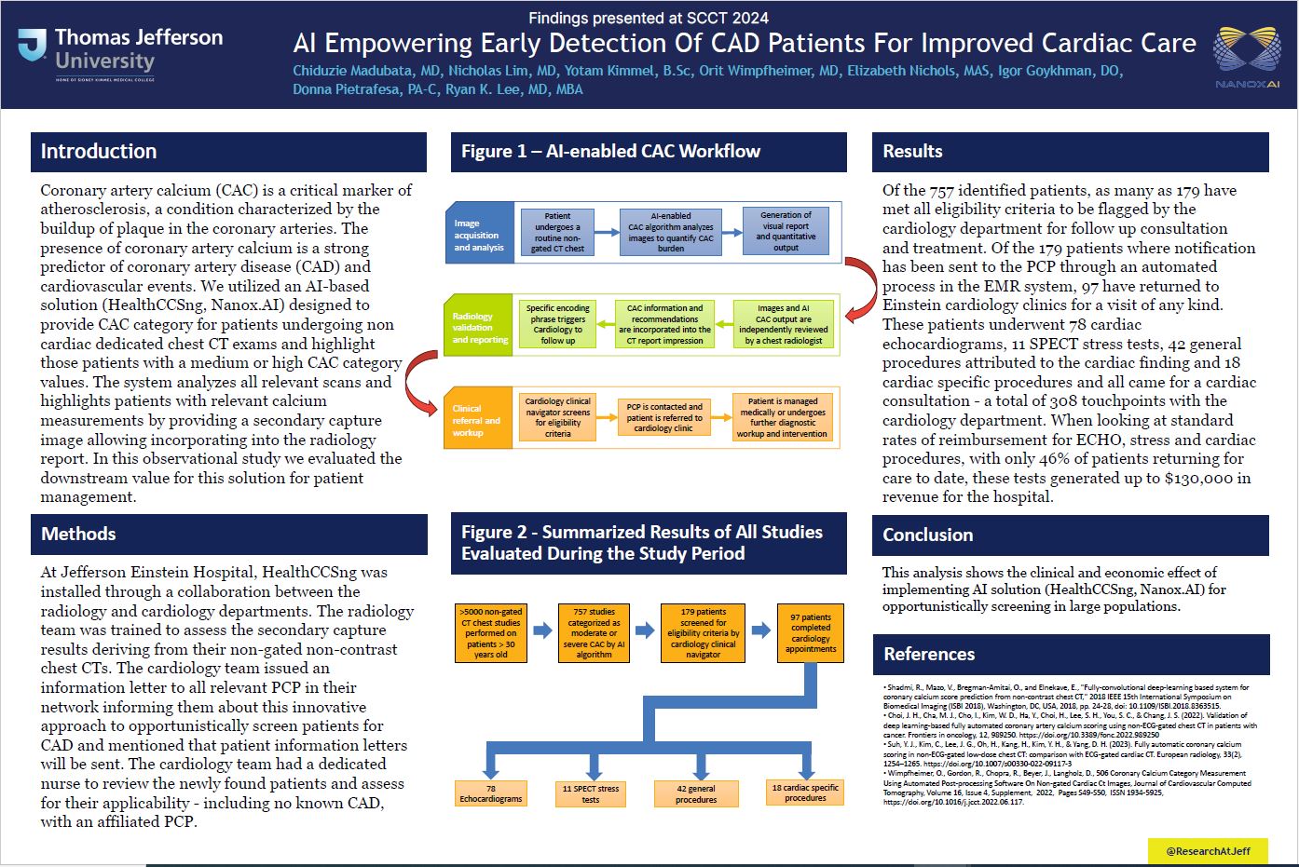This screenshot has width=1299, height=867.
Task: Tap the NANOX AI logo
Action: pos(1247,54)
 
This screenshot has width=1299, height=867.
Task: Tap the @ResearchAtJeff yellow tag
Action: pos(1209,850)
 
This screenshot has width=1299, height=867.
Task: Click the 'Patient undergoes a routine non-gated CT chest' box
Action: pos(557,232)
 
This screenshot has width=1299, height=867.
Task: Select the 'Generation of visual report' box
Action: pos(786,231)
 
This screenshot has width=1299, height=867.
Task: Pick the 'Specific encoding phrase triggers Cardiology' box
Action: pos(557,324)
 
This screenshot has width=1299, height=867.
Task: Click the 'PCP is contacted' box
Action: pos(663,417)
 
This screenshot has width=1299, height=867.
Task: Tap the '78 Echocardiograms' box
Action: pos(491,793)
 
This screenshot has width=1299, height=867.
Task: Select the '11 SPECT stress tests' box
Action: pos(591,793)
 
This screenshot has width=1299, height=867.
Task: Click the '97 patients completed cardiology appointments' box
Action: pos(811,633)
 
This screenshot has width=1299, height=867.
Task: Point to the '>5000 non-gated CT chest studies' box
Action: pos(492,633)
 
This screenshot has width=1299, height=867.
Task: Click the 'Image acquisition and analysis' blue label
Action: pos(479,235)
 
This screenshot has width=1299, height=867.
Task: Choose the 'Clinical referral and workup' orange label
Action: pos(476,420)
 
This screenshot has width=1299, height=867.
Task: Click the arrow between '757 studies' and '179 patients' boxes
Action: pos(644,630)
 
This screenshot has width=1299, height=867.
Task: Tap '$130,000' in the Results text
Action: pos(1208,478)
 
